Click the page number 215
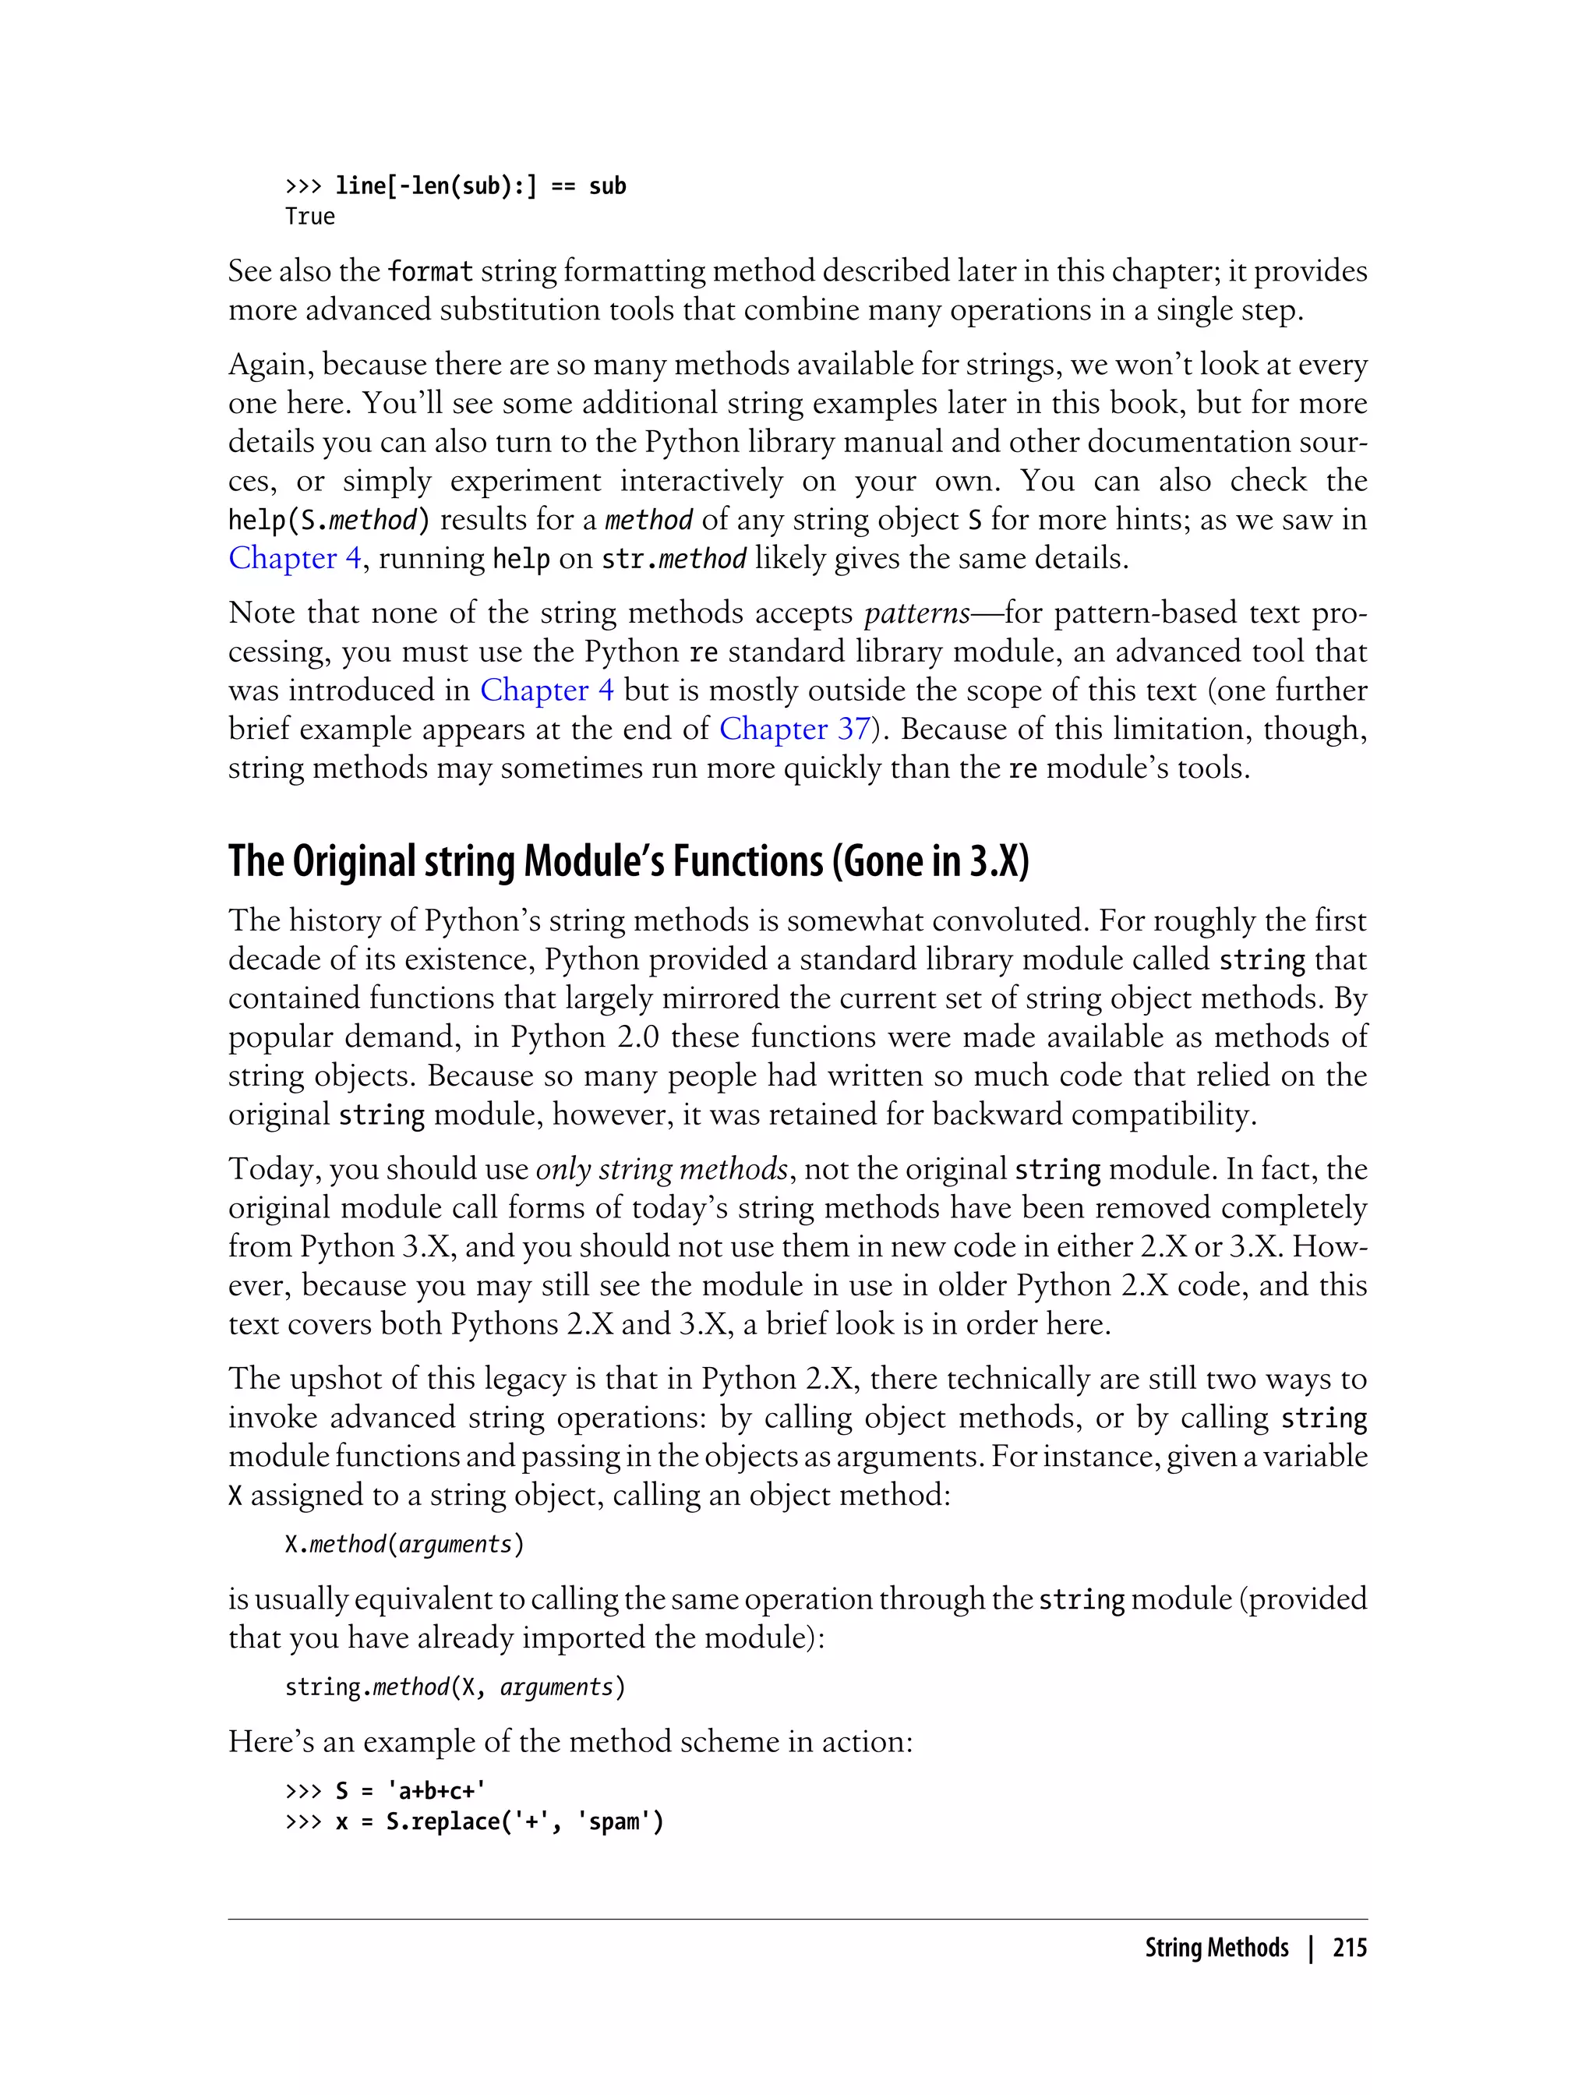1349,1948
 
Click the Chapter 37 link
794,729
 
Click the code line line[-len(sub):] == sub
480,186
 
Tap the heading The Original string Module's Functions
628,860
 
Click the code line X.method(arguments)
404,1544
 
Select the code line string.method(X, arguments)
455,1687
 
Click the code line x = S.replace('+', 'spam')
499,1821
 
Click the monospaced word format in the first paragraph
430,272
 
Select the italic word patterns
916,613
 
